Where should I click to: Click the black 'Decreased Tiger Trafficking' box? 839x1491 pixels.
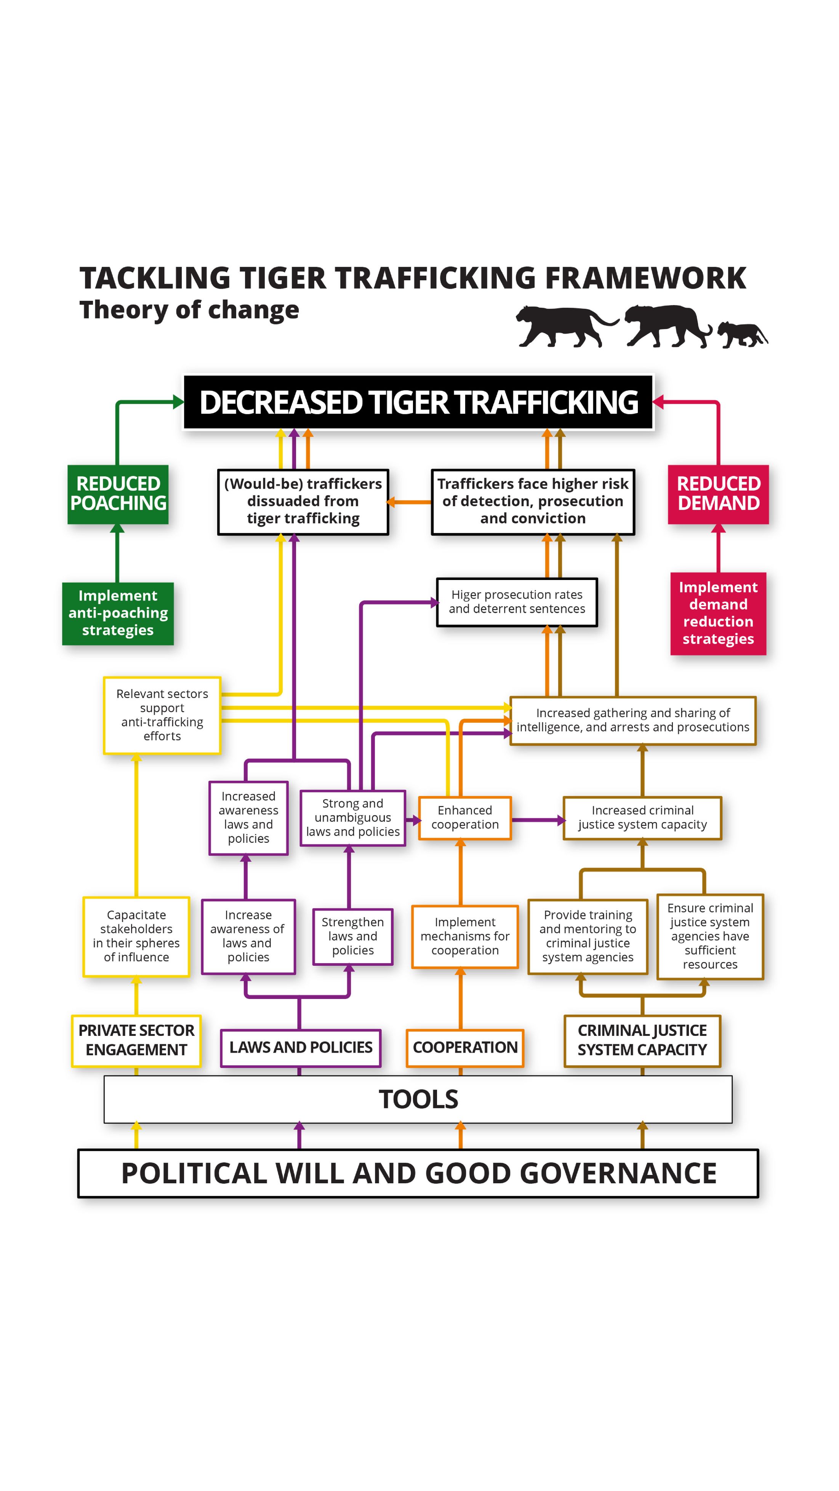[x=418, y=402]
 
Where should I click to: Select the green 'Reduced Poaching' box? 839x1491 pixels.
[x=118, y=494]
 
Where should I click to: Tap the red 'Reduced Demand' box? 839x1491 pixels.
[x=718, y=494]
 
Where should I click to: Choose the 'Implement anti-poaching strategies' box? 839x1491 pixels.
[x=118, y=613]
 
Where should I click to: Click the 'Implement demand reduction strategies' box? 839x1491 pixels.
[x=718, y=613]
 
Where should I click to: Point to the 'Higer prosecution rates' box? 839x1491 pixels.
[x=517, y=602]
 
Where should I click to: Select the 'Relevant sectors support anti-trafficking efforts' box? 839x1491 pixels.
[x=162, y=715]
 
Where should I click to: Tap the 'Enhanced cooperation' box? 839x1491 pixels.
[x=465, y=817]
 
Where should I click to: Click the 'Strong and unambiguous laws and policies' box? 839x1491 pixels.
[x=352, y=817]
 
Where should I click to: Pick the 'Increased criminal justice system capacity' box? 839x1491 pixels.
[x=642, y=817]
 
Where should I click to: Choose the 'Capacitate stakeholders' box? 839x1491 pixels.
[x=136, y=936]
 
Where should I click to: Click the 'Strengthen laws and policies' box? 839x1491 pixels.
[x=352, y=936]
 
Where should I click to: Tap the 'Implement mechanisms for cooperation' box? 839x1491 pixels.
[x=465, y=936]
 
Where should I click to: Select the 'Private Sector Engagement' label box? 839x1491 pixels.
[x=136, y=1040]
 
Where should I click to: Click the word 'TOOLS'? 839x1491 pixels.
[x=418, y=1099]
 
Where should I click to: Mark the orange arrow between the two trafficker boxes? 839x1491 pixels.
[x=409, y=502]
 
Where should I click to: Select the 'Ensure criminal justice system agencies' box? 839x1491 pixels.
[x=710, y=936]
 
